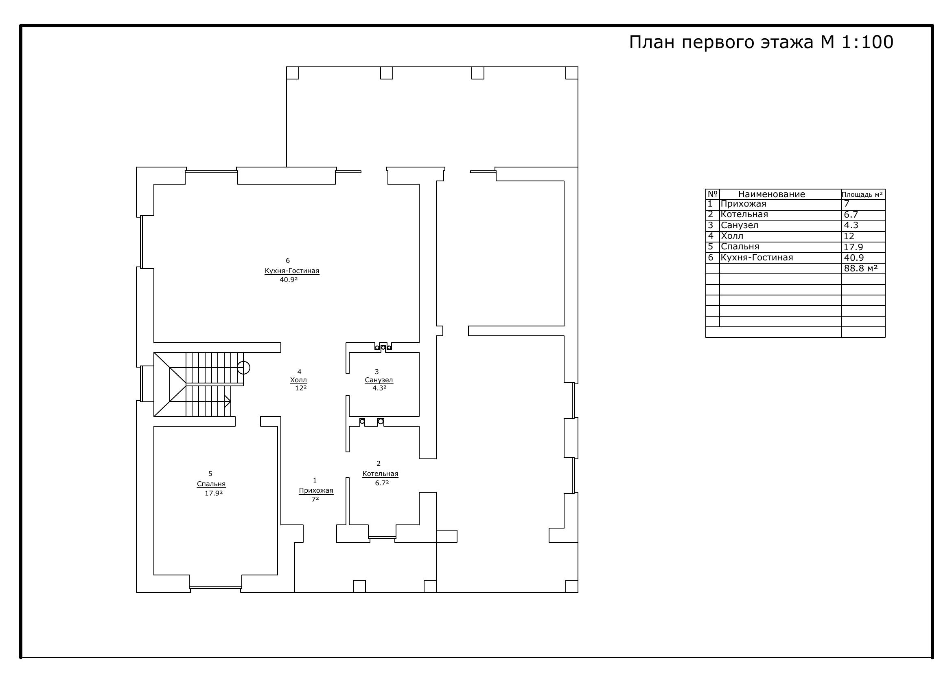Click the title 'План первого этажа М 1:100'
(x=761, y=43)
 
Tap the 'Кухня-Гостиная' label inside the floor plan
(x=292, y=271)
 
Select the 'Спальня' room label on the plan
(x=211, y=484)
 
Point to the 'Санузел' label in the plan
(x=379, y=380)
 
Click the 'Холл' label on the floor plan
(x=298, y=380)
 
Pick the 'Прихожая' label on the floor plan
(x=316, y=491)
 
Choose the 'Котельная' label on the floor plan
(x=380, y=474)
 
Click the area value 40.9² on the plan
(x=289, y=280)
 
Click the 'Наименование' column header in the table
(x=772, y=194)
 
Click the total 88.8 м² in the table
(x=861, y=268)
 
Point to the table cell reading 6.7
(x=851, y=215)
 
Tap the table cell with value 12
(x=849, y=236)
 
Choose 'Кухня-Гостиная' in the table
(x=757, y=257)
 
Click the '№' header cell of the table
(x=712, y=194)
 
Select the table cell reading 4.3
(x=851, y=225)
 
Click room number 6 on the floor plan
(x=288, y=261)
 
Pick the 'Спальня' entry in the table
(x=740, y=247)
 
